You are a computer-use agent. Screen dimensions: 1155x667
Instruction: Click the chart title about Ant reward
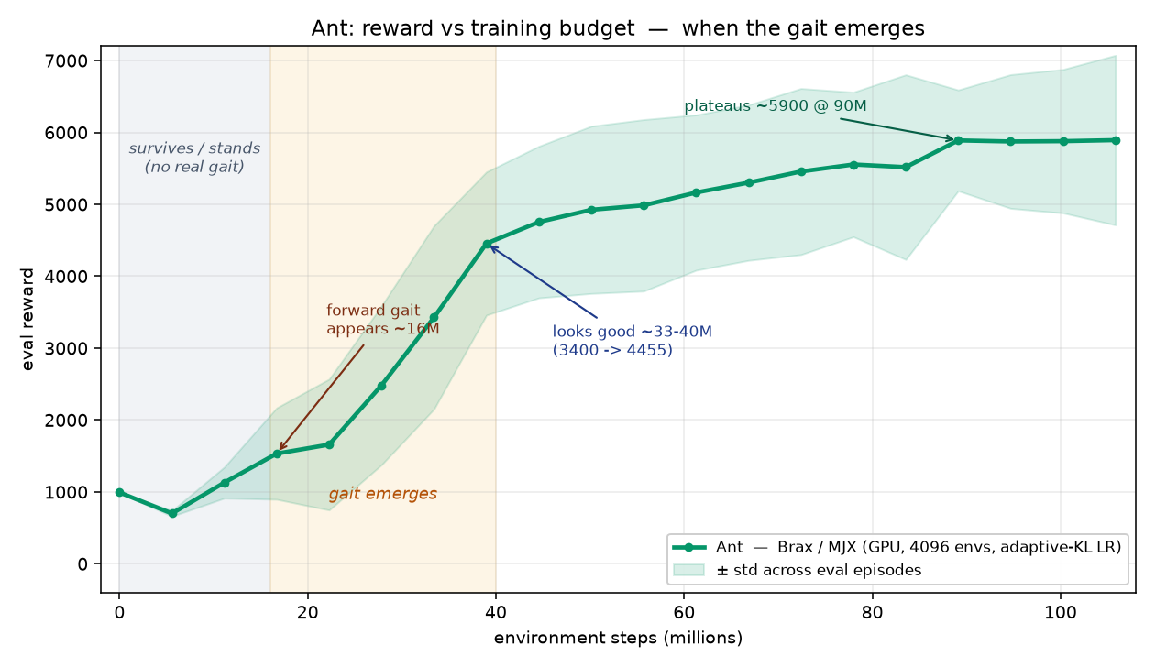618,28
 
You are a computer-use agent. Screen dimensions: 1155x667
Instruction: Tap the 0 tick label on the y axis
82,564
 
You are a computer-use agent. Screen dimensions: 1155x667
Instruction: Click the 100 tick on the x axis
1060,612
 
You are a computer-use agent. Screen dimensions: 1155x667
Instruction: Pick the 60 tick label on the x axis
684,612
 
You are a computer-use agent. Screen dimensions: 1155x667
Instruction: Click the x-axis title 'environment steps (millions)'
618,638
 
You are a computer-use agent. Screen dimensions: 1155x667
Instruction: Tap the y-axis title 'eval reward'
27,319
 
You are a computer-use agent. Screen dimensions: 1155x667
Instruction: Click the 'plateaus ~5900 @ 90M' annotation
775,106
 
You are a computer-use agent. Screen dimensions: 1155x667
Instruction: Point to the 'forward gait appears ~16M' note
383,320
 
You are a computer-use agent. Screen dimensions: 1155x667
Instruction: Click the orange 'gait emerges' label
382,494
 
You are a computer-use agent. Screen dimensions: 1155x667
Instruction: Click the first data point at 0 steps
119,493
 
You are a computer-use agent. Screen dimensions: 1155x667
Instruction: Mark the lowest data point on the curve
172,513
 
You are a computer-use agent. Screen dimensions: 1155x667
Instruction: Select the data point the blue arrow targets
487,244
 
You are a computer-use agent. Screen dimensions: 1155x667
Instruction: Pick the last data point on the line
1116,141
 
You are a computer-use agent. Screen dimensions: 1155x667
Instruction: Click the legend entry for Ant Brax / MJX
896,547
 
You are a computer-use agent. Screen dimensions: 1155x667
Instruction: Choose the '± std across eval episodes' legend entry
797,570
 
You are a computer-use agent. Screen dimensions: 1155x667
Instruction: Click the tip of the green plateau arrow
954,139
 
